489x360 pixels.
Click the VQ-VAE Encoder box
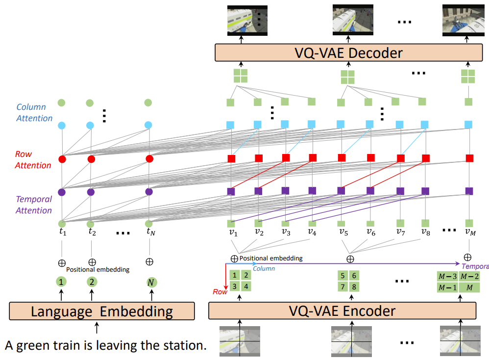click(x=342, y=310)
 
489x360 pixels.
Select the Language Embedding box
click(x=102, y=311)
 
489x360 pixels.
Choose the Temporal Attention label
click(x=34, y=205)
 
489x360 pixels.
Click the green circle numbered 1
click(x=61, y=282)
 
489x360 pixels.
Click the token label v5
click(x=343, y=232)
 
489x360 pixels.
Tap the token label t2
click(x=92, y=232)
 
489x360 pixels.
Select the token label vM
click(x=469, y=232)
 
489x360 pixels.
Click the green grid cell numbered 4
click(x=247, y=286)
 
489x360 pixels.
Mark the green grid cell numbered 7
click(x=343, y=286)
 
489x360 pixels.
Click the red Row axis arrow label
click(x=220, y=291)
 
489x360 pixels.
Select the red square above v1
click(x=231, y=158)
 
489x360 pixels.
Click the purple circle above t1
click(x=62, y=192)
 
